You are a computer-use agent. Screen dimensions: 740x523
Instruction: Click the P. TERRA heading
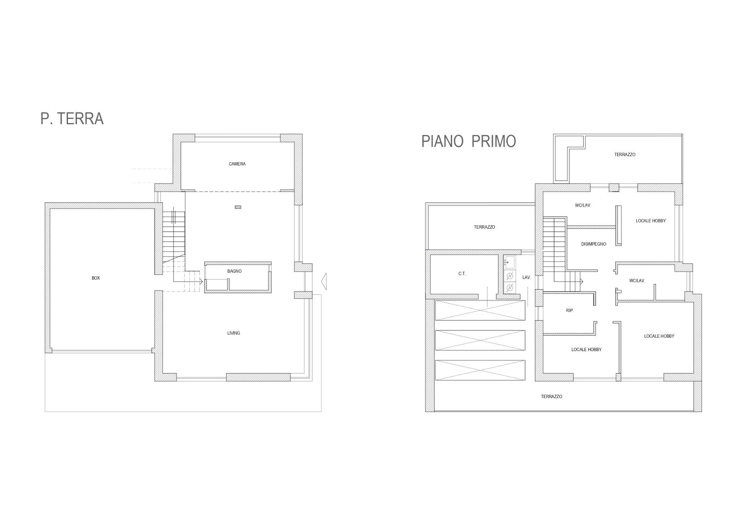tap(72, 118)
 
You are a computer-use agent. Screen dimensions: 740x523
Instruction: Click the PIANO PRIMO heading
tap(469, 141)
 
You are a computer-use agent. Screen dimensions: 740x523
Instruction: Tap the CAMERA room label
tap(237, 164)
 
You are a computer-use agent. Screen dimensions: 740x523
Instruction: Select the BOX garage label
tap(96, 278)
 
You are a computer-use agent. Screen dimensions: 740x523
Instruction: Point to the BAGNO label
tap(235, 271)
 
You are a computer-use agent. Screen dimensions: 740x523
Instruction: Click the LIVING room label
tap(233, 333)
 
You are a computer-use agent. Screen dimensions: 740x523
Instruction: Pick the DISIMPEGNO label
tap(594, 244)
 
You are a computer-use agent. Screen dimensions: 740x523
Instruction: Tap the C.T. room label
tap(462, 274)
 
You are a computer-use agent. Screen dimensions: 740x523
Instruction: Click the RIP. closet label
tap(570, 311)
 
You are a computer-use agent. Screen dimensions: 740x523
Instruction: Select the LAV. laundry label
tap(526, 277)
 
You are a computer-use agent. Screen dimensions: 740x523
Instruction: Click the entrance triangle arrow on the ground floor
tap(324, 281)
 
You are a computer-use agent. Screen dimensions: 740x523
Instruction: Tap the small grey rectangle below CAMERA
tap(238, 207)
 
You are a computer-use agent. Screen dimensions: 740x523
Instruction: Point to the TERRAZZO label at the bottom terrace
tap(551, 397)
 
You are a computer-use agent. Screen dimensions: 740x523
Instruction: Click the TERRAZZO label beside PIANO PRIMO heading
tap(625, 155)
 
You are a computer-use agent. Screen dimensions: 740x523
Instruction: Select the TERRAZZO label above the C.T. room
tap(485, 227)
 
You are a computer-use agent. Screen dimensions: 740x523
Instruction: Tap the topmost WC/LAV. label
tap(583, 206)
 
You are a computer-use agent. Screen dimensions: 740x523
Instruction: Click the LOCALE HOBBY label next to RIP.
tap(586, 350)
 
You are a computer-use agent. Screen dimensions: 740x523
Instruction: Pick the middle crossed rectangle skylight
tap(480, 340)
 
